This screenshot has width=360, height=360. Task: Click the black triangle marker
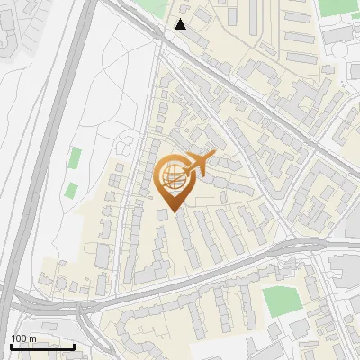[x=181, y=24]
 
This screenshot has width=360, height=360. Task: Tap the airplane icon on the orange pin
[x=199, y=163]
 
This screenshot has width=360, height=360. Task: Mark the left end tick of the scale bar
[x=10, y=346]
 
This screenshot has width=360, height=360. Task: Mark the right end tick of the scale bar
[x=75, y=346]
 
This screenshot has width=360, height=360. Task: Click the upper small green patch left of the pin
[x=75, y=158]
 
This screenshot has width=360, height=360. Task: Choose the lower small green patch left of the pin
[x=70, y=190]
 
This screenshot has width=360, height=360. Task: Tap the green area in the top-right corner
[x=337, y=7]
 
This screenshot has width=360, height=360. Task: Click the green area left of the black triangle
[x=153, y=11]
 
